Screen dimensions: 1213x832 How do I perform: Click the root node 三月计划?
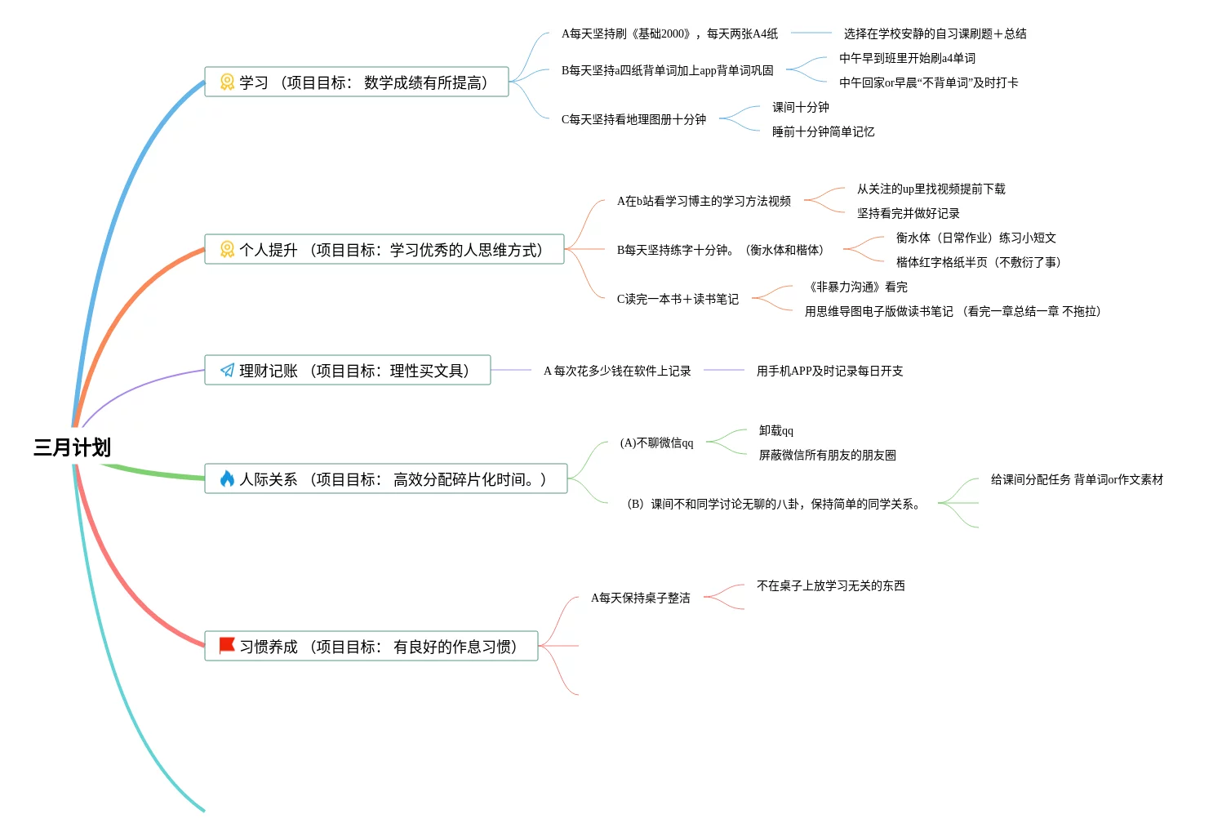72,447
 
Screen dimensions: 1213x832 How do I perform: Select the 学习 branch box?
357,82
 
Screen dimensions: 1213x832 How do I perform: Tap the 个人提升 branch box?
384,250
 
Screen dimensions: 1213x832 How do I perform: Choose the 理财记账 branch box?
348,371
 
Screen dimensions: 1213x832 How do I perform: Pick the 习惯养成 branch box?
371,647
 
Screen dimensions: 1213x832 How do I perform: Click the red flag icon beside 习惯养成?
227,646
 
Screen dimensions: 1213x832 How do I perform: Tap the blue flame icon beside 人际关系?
227,479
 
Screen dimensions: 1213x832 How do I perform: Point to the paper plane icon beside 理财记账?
227,371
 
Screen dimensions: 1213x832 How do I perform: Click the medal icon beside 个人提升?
227,249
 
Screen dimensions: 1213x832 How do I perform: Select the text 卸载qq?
775,430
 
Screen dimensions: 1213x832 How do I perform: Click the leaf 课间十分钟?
800,107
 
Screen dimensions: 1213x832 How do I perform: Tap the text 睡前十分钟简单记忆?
823,131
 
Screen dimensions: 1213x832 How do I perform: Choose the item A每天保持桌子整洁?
640,598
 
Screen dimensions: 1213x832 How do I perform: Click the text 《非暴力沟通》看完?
856,287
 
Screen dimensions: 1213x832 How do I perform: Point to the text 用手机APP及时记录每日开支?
829,371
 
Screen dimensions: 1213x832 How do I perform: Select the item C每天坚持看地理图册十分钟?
633,119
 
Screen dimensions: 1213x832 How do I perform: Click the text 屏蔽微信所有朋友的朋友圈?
827,455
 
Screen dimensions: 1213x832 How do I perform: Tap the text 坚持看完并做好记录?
908,213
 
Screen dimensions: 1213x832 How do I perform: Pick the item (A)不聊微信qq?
656,443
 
